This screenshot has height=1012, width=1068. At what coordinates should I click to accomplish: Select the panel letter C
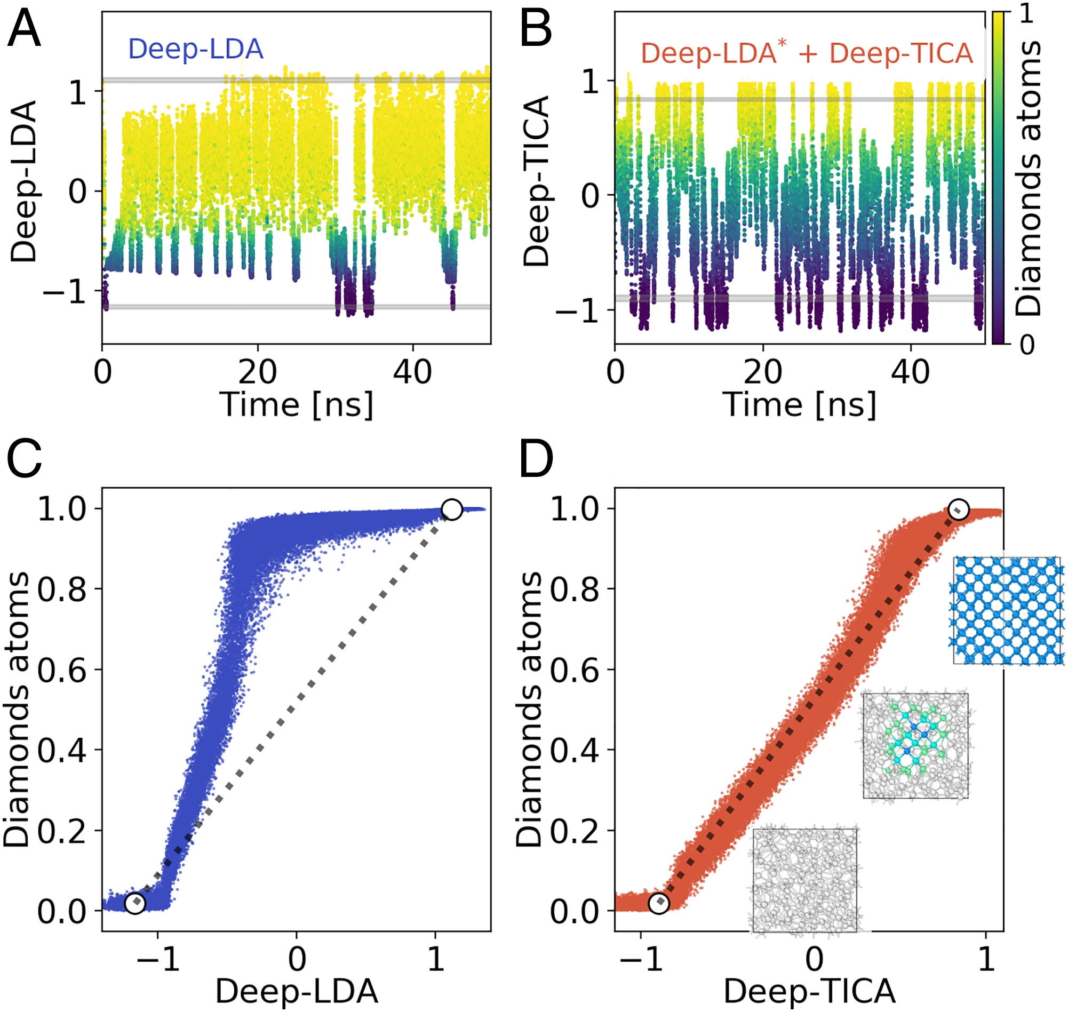(25, 459)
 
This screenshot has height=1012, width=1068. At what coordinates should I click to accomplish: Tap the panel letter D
(536, 459)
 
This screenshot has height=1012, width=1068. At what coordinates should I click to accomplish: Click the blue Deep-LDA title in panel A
(195, 49)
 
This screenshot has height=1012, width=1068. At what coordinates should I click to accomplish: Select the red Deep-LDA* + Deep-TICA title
(807, 53)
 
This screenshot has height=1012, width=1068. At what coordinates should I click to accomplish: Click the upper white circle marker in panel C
(451, 509)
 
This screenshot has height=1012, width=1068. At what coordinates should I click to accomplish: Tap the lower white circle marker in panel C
(135, 903)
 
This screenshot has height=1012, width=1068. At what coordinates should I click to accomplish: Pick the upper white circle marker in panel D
(959, 509)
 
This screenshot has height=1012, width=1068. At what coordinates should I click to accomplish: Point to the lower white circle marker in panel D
(659, 903)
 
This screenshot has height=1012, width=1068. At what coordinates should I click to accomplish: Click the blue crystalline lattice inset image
(1007, 611)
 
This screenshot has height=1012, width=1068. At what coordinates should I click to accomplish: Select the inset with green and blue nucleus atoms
(915, 746)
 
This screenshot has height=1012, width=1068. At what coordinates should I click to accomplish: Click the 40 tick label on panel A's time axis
(413, 372)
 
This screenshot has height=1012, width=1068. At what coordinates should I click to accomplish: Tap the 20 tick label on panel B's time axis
(762, 372)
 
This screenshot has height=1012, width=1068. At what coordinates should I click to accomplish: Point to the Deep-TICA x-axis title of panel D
(809, 992)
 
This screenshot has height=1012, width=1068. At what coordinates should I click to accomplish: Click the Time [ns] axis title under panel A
(296, 404)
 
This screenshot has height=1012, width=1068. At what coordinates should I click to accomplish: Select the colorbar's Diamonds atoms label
(1027, 178)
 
